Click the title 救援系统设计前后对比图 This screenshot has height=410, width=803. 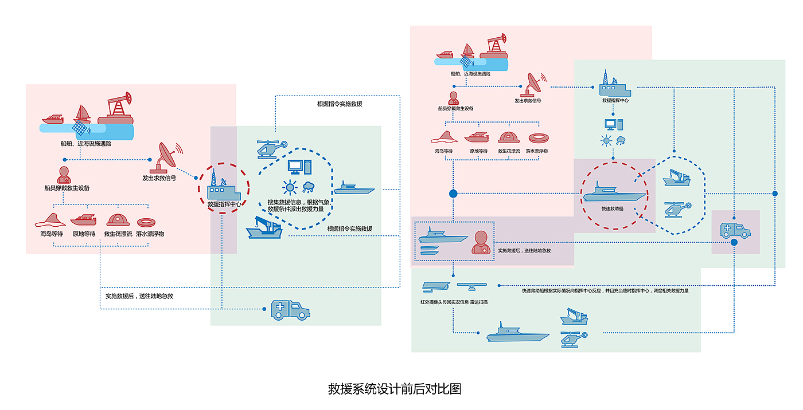395,389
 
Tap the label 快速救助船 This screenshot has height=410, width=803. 612,209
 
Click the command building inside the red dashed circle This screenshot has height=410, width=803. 224,186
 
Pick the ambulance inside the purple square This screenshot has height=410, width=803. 735,230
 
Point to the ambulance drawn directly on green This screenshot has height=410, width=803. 291,310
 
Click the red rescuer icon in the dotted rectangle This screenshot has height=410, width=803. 481,243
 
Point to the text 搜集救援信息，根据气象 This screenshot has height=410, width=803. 296,202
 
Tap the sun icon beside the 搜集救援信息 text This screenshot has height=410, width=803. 289,186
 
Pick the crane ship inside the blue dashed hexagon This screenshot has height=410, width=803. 676,178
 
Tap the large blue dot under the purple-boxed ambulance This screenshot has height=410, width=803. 734,243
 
